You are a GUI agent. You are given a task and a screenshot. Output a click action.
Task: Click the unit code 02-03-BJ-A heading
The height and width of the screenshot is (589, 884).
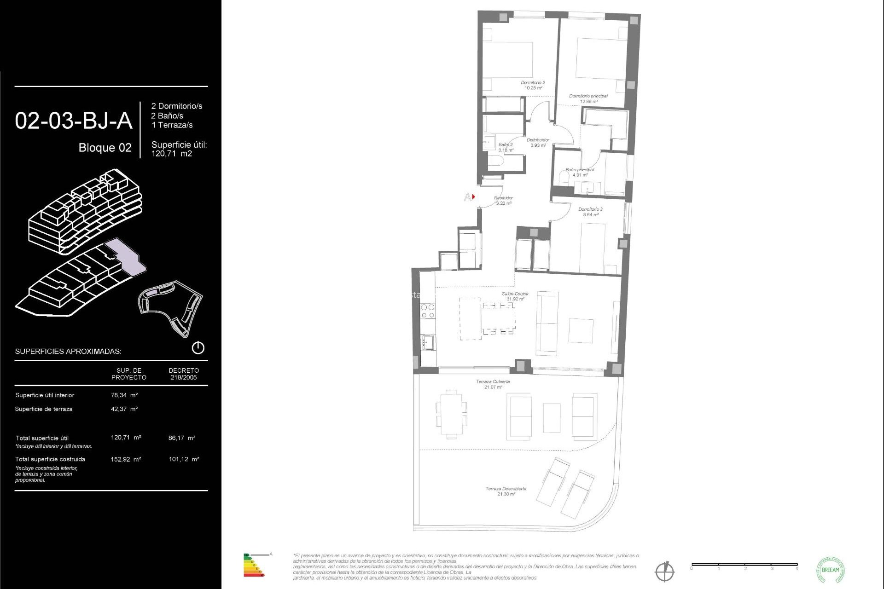(x=74, y=121)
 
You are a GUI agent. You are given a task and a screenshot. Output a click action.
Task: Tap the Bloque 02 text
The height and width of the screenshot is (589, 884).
(x=105, y=148)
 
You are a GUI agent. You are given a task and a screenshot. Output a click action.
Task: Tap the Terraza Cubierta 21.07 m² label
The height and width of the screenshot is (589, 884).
(x=492, y=384)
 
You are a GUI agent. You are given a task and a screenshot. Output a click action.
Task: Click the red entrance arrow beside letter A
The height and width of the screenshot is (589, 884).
(x=473, y=197)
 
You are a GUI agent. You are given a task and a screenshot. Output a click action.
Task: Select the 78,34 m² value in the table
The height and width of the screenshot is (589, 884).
(x=124, y=395)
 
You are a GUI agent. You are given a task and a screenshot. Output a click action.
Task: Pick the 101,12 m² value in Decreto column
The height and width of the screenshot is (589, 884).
(x=184, y=459)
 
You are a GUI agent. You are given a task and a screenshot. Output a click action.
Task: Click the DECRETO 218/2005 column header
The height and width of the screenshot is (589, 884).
(x=184, y=374)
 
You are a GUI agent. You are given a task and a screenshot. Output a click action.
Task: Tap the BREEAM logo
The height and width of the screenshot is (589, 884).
(x=830, y=570)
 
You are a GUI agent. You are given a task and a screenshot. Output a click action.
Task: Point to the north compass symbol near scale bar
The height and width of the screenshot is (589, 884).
(x=664, y=572)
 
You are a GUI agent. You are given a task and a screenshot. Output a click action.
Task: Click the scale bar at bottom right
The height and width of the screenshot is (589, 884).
(x=744, y=565)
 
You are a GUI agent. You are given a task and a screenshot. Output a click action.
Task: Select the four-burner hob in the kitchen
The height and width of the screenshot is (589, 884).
(x=428, y=311)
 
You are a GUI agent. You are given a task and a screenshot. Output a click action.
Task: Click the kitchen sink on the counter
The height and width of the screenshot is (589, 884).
(x=428, y=342)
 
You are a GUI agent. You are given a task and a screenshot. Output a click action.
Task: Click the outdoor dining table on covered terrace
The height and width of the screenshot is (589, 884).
(x=451, y=414)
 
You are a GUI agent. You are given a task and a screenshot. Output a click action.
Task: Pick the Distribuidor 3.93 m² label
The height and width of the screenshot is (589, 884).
(x=538, y=142)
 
